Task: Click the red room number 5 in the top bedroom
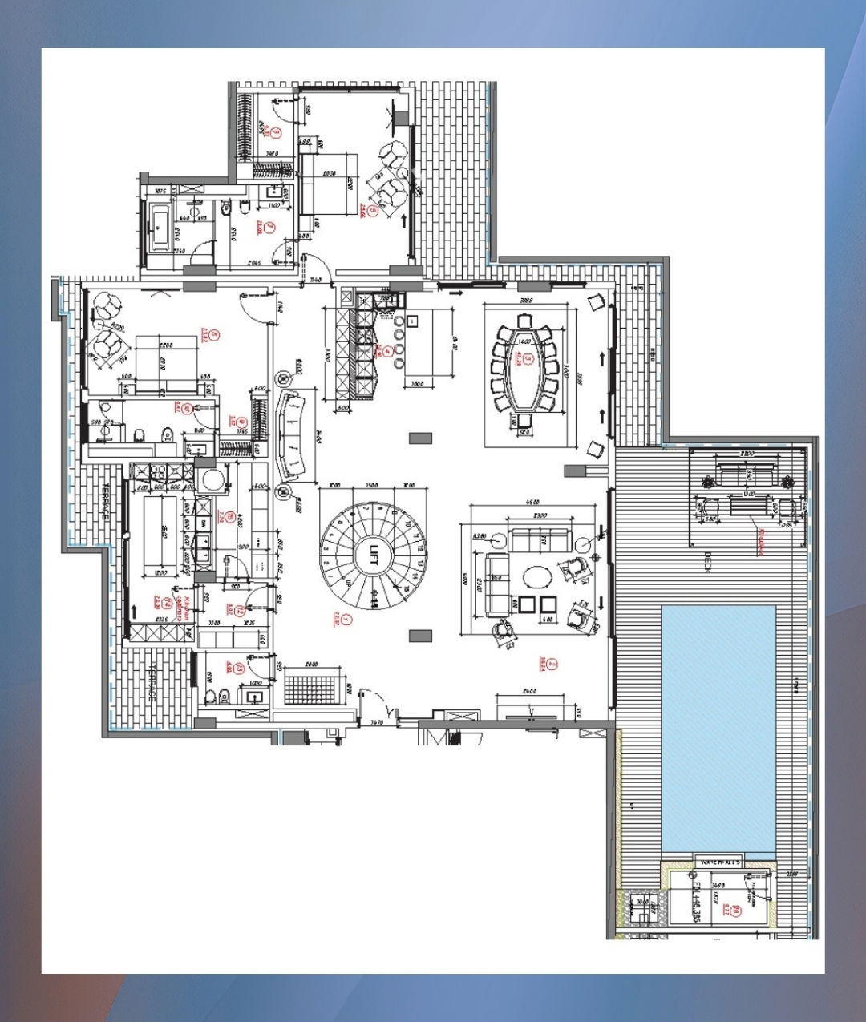[371, 210]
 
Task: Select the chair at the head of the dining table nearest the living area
[525, 420]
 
